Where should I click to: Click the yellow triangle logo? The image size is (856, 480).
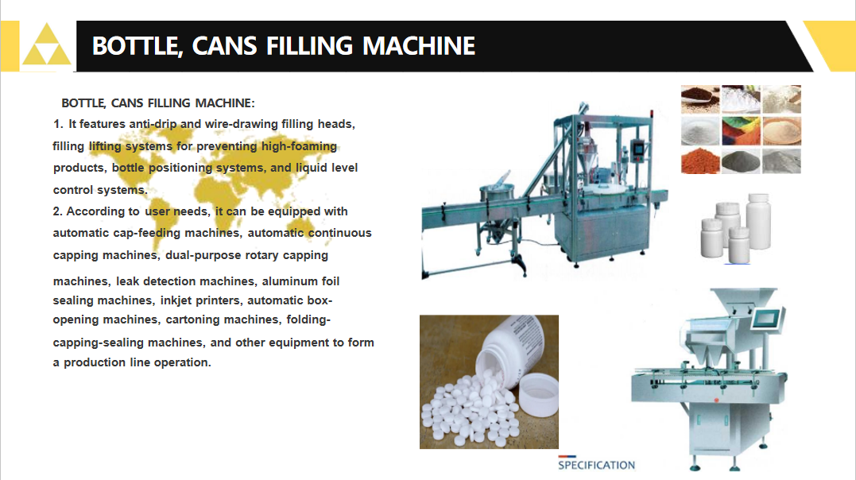pyautogui.click(x=46, y=45)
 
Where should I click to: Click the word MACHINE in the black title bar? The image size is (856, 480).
pyautogui.click(x=419, y=46)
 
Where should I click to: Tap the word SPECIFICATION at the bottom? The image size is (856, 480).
pyautogui.click(x=596, y=465)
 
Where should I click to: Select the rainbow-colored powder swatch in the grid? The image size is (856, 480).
pyautogui.click(x=741, y=130)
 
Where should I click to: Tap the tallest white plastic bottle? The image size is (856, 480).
pyautogui.click(x=758, y=221)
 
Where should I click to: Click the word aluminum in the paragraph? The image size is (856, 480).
pyautogui.click(x=289, y=281)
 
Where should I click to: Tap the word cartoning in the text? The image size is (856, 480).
pyautogui.click(x=192, y=320)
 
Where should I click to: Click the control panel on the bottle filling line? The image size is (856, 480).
pyautogui.click(x=637, y=150)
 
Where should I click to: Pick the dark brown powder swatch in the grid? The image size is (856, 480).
pyautogui.click(x=700, y=99)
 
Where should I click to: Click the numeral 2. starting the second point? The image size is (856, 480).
pyautogui.click(x=57, y=211)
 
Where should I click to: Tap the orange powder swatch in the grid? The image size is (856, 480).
pyautogui.click(x=700, y=161)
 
